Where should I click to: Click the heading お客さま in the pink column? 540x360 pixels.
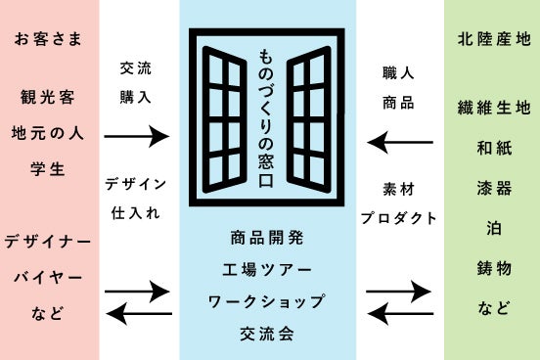(48, 38)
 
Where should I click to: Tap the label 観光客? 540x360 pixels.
(48, 97)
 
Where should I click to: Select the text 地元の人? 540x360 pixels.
(48, 133)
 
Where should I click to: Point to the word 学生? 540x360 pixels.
(48, 169)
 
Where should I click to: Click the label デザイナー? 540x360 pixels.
(48, 242)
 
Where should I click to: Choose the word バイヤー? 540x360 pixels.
(48, 277)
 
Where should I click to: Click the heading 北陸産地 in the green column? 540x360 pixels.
(494, 38)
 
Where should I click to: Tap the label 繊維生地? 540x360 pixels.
(494, 108)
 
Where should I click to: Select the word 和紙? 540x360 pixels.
(494, 148)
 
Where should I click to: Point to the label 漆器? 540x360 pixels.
(494, 188)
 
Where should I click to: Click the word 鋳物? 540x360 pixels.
(494, 268)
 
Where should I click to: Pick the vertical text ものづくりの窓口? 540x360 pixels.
(266, 118)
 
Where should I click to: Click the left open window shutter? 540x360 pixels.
(224, 119)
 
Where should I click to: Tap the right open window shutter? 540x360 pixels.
(309, 119)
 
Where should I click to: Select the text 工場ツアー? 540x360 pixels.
(267, 270)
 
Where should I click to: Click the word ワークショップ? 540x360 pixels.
(266, 301)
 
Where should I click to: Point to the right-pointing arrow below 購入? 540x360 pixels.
(137, 136)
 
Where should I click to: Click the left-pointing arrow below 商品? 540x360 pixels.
(400, 142)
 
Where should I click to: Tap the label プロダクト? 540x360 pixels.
(399, 218)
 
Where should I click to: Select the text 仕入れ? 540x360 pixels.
(136, 213)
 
